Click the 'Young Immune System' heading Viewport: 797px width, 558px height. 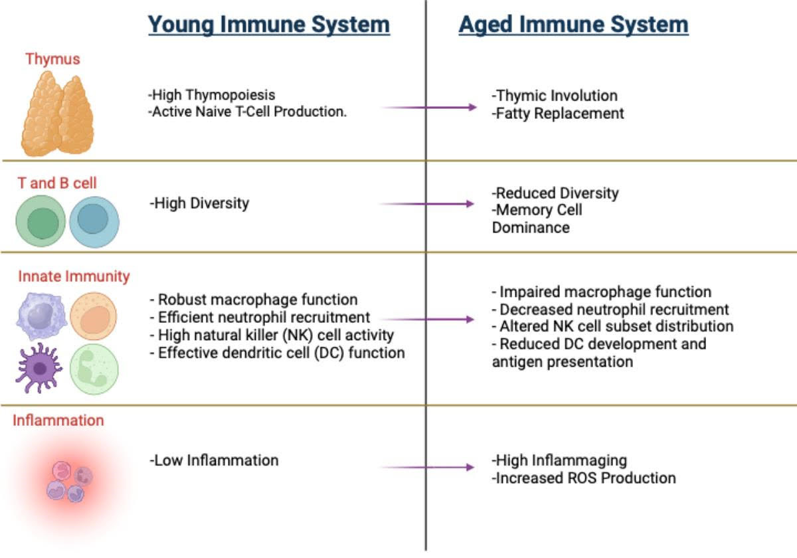269,25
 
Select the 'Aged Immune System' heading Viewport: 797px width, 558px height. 574,25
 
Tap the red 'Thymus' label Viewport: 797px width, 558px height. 52,59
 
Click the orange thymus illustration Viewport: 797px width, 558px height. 58,114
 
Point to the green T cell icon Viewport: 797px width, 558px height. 41,221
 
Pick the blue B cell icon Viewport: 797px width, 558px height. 94,222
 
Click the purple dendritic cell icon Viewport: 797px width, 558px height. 39,368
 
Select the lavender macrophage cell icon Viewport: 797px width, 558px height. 42,316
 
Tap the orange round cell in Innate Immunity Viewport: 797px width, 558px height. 93,316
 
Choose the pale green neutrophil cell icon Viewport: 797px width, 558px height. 94,369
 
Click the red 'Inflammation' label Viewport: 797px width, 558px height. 58,420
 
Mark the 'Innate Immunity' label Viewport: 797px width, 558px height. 74,276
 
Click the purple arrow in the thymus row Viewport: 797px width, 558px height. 429,107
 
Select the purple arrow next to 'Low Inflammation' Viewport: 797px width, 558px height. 427,467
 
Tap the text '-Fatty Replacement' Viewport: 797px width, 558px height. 557,114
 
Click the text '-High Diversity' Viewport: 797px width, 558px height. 199,203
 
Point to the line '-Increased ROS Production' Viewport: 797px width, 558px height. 584,478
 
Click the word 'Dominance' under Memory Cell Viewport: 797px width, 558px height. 531,228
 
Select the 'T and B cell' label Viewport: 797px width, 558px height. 57,183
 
